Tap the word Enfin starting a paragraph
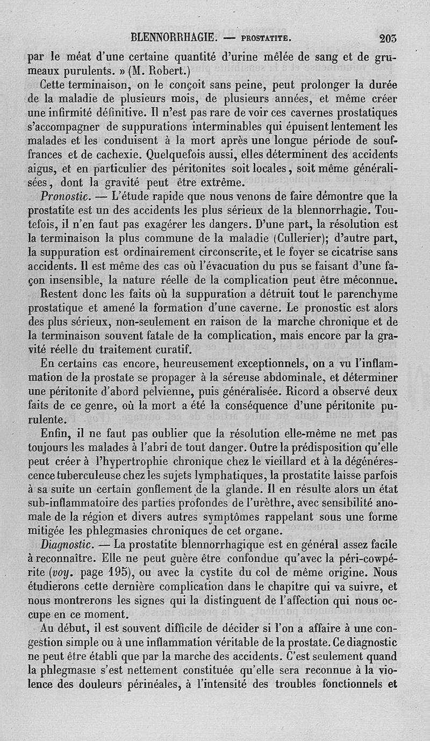pyautogui.click(x=55, y=434)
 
